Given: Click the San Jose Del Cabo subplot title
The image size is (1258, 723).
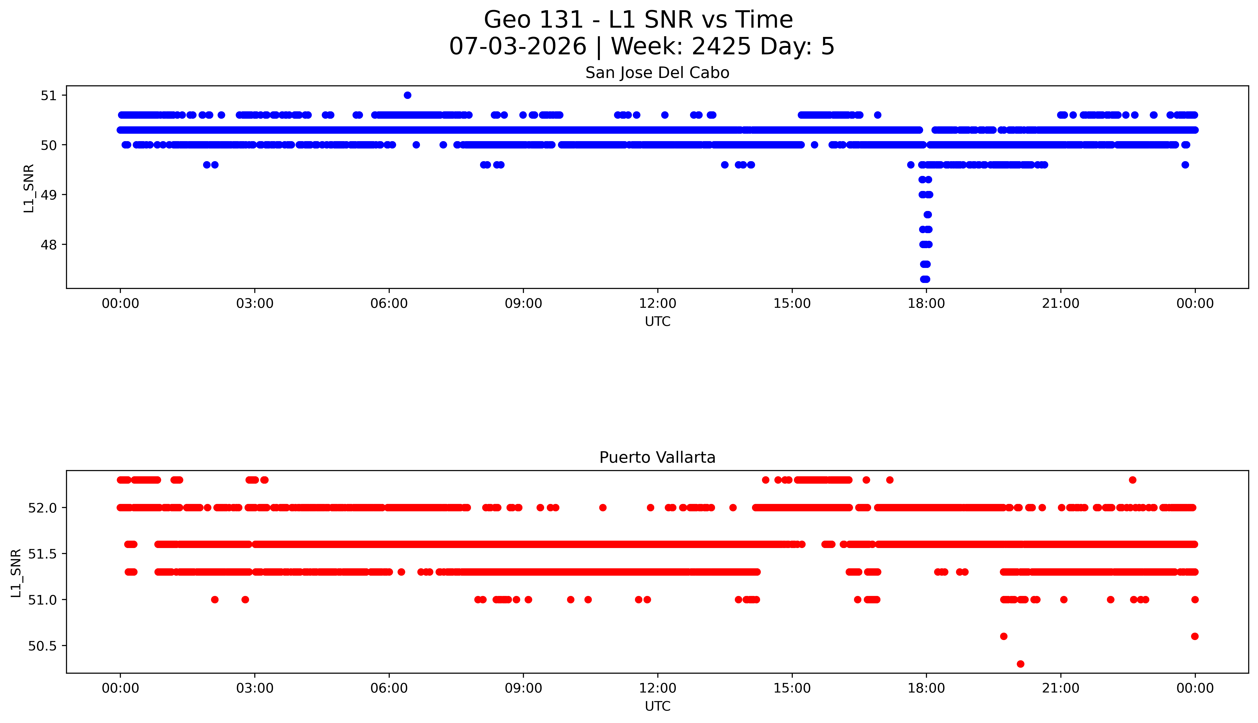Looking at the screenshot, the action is coord(657,73).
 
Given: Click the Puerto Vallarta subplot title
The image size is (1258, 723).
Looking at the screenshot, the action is coord(657,457).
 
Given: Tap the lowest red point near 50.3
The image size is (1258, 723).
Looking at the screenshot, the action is coord(1020,664).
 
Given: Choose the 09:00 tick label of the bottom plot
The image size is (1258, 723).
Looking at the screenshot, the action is coord(523,688).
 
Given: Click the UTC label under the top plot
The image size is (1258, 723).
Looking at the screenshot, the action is coord(657,322).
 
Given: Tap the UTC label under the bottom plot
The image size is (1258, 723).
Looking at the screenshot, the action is coord(657,706).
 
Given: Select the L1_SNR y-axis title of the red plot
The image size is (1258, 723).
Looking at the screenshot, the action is coord(16,573).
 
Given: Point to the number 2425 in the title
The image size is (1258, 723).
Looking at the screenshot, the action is coord(721,47).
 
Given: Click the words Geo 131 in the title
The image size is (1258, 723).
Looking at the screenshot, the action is coord(533,20).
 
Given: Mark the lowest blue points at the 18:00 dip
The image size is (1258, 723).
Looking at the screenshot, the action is coord(925,279).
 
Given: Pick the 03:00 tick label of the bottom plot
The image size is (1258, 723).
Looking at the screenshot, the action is coord(255,688).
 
